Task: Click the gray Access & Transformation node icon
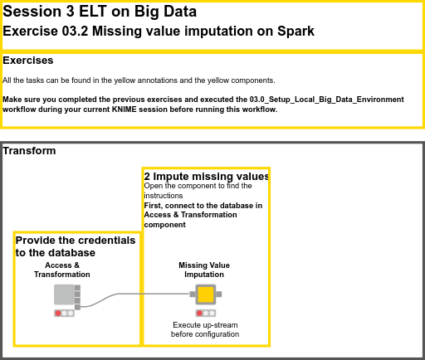(64, 294)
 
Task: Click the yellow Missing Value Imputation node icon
(205, 294)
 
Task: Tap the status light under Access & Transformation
(65, 313)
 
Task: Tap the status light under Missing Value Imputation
(205, 313)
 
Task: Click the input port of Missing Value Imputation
(192, 294)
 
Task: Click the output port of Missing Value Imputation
(219, 294)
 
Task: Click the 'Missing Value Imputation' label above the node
(204, 270)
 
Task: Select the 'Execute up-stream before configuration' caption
(205, 329)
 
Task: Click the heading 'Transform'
(30, 151)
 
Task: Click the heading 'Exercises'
(28, 61)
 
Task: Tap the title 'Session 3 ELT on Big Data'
(100, 12)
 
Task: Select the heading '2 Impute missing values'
(206, 177)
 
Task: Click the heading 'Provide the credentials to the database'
(75, 246)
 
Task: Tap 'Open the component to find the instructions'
(198, 191)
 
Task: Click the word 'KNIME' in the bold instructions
(172, 109)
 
